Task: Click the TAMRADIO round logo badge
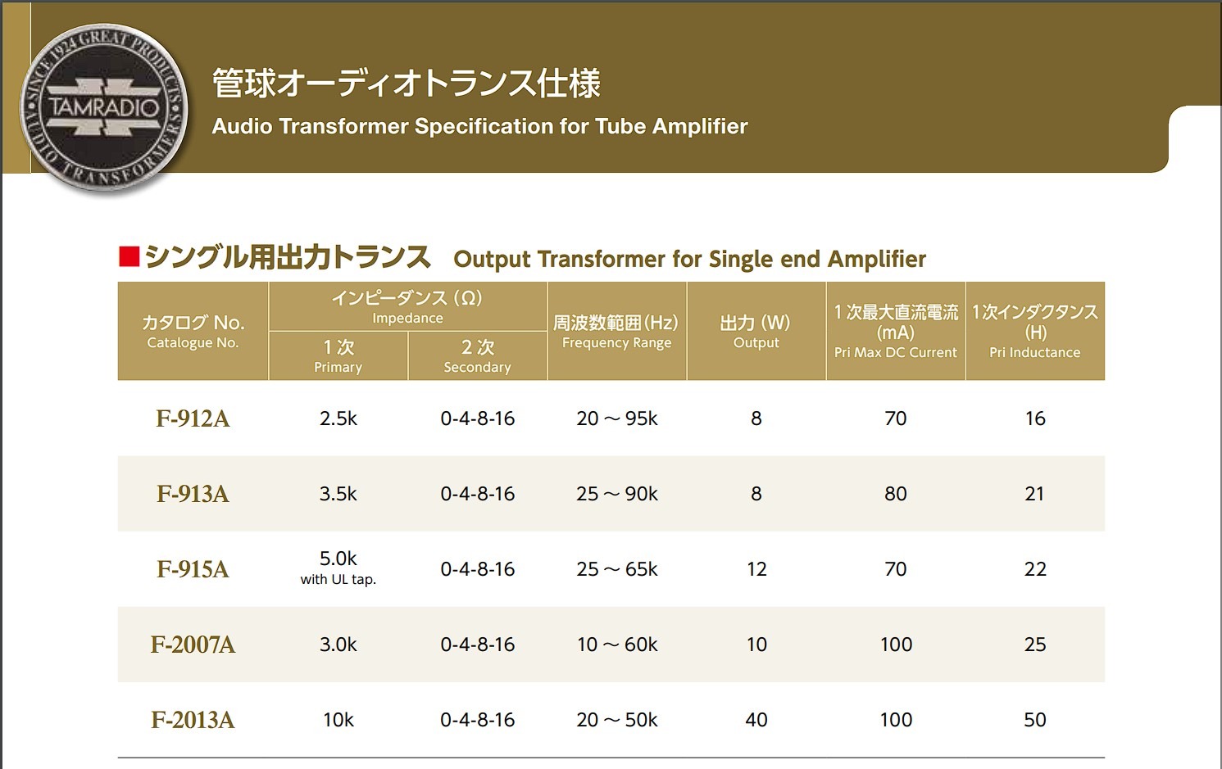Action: click(x=103, y=108)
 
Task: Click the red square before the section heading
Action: click(x=129, y=256)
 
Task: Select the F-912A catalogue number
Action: click(x=193, y=418)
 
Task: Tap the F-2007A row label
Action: click(x=193, y=645)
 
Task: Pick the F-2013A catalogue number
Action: click(x=193, y=720)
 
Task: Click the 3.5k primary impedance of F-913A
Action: click(x=338, y=494)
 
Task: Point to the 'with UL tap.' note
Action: click(x=338, y=579)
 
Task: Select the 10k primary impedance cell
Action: click(x=338, y=720)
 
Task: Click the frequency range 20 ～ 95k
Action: click(x=617, y=418)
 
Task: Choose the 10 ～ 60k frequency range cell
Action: click(x=617, y=645)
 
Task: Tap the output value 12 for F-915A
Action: click(x=756, y=569)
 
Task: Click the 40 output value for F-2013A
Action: click(x=756, y=720)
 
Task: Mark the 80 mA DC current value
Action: click(x=896, y=494)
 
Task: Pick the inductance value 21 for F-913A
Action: click(x=1035, y=494)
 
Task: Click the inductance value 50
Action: click(x=1035, y=720)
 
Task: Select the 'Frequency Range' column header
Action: click(x=617, y=343)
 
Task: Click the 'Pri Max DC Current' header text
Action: click(x=896, y=353)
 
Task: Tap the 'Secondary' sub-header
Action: click(x=477, y=368)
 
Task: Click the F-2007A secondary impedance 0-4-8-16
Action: click(x=477, y=645)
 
